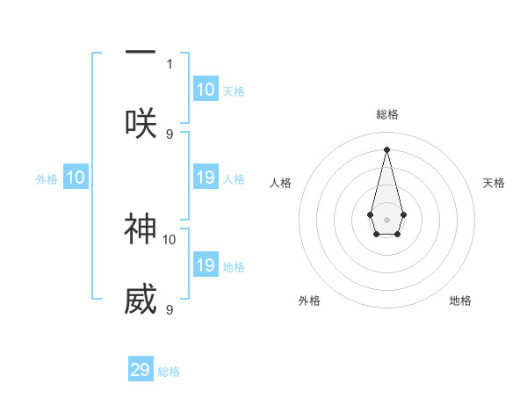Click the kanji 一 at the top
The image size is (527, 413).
pyautogui.click(x=141, y=53)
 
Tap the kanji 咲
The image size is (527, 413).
pyautogui.click(x=141, y=122)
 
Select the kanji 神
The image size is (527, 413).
pyautogui.click(x=141, y=229)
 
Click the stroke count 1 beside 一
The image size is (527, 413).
pyautogui.click(x=170, y=63)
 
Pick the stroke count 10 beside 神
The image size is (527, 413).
pyautogui.click(x=170, y=239)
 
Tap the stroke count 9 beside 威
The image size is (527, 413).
pyautogui.click(x=170, y=310)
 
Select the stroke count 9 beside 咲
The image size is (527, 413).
pyautogui.click(x=170, y=134)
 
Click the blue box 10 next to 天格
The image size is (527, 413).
pyautogui.click(x=206, y=90)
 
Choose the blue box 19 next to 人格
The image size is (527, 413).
pyautogui.click(x=206, y=178)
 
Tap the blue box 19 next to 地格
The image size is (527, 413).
pyautogui.click(x=206, y=265)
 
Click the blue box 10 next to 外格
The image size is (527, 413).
pyautogui.click(x=76, y=178)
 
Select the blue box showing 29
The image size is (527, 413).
pyautogui.click(x=141, y=370)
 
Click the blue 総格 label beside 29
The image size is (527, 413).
pyautogui.click(x=169, y=372)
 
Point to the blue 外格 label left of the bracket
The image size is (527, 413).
pyautogui.click(x=47, y=179)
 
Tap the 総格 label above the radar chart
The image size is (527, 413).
pyautogui.click(x=386, y=114)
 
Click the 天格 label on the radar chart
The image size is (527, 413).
pyautogui.click(x=494, y=183)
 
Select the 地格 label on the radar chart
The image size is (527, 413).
pyautogui.click(x=460, y=301)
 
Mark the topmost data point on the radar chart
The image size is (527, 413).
pyautogui.click(x=386, y=149)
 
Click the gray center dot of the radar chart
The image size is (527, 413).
pyautogui.click(x=386, y=218)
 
